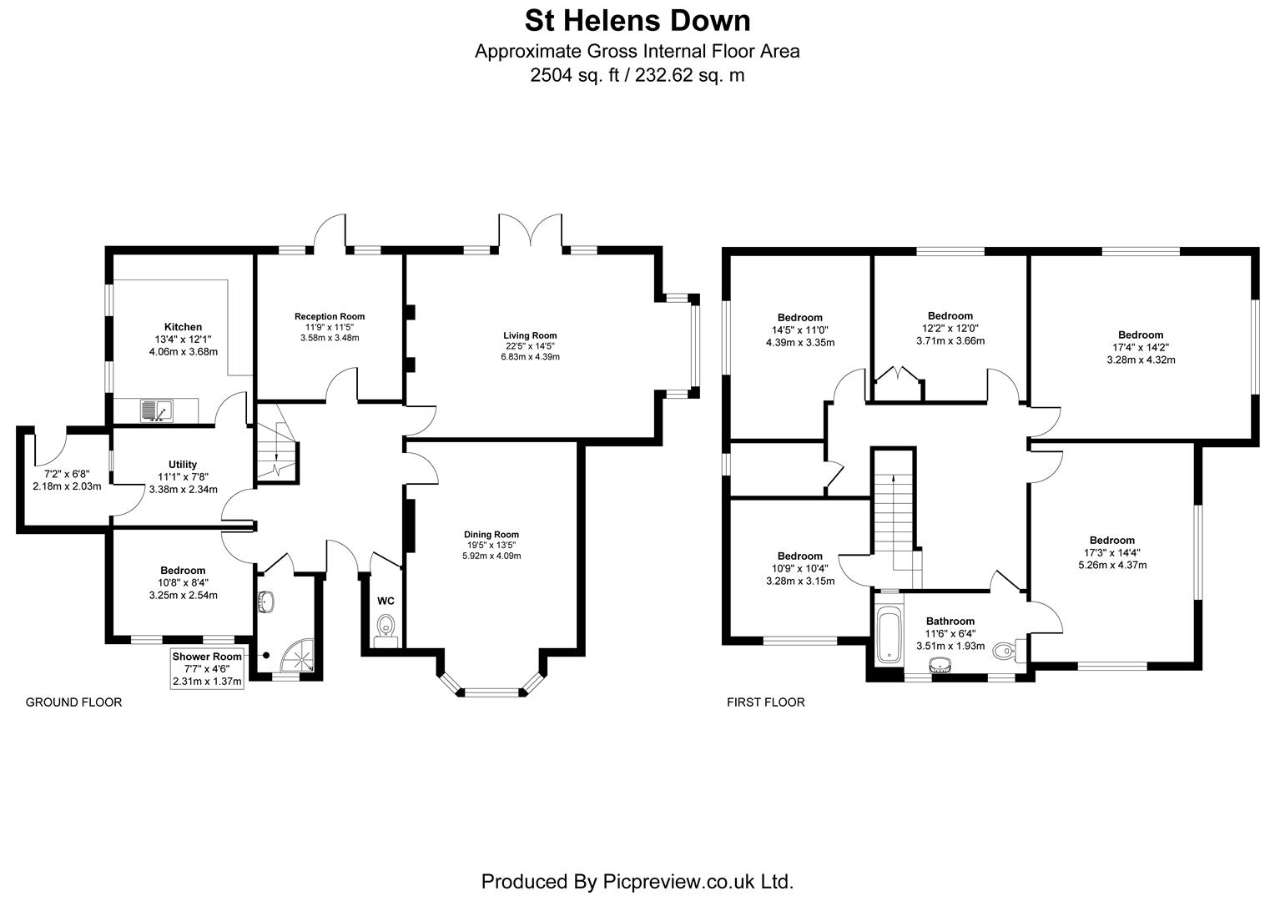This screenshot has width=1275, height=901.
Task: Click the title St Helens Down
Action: (x=637, y=20)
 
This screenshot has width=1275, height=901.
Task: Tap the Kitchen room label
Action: (x=183, y=327)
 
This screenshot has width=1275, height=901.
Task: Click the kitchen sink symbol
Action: (x=155, y=410)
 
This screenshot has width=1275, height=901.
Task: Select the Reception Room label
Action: (x=330, y=316)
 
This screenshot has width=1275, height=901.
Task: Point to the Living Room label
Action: (x=524, y=335)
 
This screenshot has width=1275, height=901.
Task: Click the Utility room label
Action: (x=183, y=465)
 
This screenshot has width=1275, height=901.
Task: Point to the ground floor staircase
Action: (x=275, y=451)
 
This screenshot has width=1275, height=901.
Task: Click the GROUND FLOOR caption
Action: (x=74, y=702)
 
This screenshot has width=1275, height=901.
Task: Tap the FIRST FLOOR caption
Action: (x=765, y=702)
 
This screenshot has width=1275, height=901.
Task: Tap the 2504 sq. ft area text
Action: (x=637, y=75)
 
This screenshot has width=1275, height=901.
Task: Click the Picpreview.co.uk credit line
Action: (x=637, y=881)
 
